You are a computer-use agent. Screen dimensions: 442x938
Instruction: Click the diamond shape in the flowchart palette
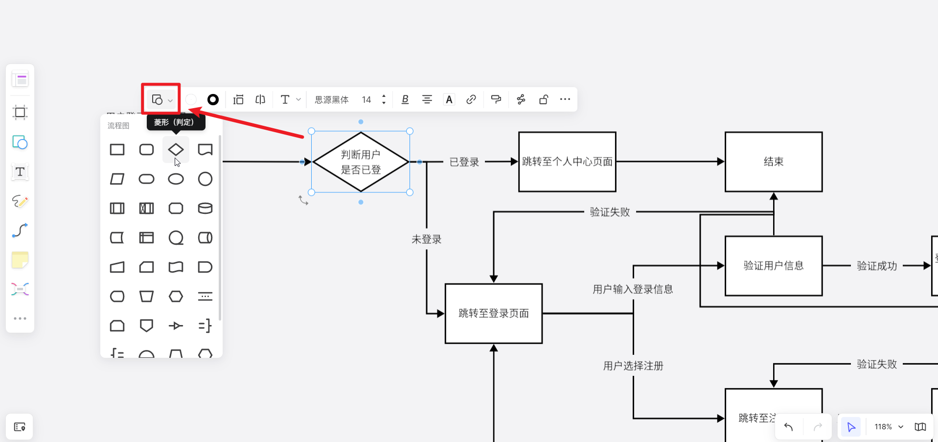176,149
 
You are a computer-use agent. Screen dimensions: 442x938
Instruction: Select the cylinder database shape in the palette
205,208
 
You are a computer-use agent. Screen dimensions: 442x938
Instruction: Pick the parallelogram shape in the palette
117,179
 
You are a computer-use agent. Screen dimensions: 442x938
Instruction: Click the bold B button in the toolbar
405,99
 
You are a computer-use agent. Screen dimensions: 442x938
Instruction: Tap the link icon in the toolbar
471,99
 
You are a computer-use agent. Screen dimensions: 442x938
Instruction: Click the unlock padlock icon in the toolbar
543,99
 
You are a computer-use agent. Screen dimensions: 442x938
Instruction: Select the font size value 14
366,100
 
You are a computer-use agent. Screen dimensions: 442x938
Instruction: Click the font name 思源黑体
331,100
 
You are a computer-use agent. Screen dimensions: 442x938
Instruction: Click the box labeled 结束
773,162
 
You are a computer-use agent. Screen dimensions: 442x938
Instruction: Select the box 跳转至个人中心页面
567,162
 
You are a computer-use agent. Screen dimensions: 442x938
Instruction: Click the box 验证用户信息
773,266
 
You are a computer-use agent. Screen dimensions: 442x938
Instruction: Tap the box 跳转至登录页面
493,313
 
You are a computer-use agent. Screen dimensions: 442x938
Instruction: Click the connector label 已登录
464,162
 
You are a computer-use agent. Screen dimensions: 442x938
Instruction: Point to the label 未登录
426,239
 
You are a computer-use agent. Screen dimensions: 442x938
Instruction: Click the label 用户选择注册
633,366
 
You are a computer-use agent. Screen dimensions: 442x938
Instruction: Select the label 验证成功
876,266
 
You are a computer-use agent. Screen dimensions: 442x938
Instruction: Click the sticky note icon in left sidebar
20,260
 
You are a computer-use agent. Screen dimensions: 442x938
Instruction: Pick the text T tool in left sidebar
20,172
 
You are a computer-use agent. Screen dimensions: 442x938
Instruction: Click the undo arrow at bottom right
788,427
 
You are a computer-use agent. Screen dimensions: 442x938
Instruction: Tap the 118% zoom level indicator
883,427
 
